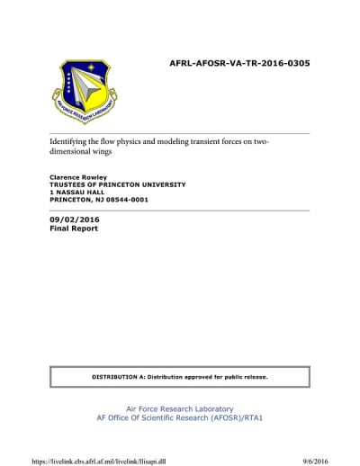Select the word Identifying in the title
[70, 143]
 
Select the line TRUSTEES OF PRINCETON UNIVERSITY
[117, 184]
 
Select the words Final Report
[74, 229]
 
